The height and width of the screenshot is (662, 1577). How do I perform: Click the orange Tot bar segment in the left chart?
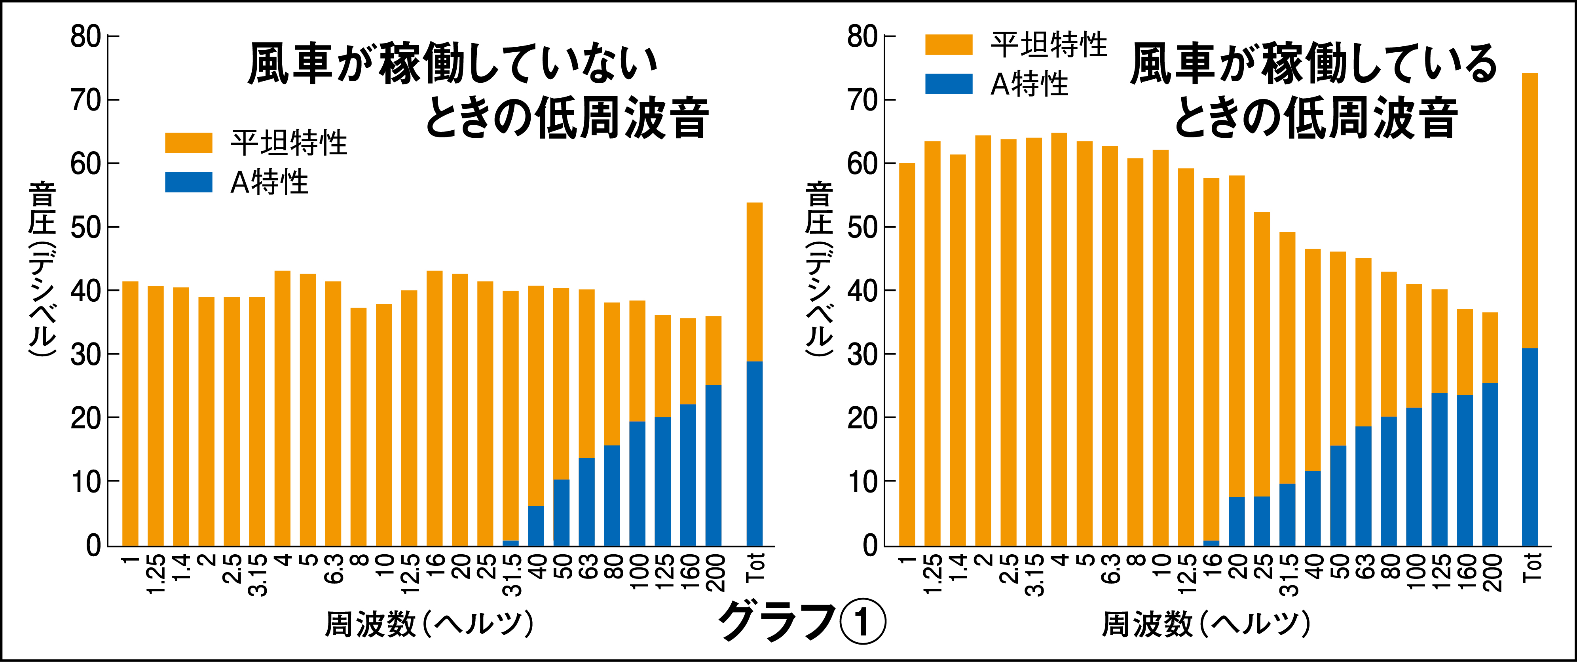[x=754, y=282]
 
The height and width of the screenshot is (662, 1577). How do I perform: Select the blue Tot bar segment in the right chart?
[x=1529, y=447]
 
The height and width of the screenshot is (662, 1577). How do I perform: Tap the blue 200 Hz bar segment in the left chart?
[x=713, y=466]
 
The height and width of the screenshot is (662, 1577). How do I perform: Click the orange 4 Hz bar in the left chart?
[x=282, y=408]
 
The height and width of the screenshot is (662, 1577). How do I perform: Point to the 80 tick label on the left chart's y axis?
[x=86, y=37]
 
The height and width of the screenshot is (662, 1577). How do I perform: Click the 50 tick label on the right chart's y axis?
[x=863, y=228]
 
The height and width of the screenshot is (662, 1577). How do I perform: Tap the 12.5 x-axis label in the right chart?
[x=1186, y=573]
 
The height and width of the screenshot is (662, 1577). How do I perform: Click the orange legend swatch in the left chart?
[x=188, y=143]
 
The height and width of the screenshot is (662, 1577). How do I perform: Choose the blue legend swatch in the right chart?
[x=948, y=84]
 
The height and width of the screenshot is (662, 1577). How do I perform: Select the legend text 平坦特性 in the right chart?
[x=1049, y=45]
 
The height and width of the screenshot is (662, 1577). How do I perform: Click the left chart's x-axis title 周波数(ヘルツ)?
[x=429, y=625]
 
